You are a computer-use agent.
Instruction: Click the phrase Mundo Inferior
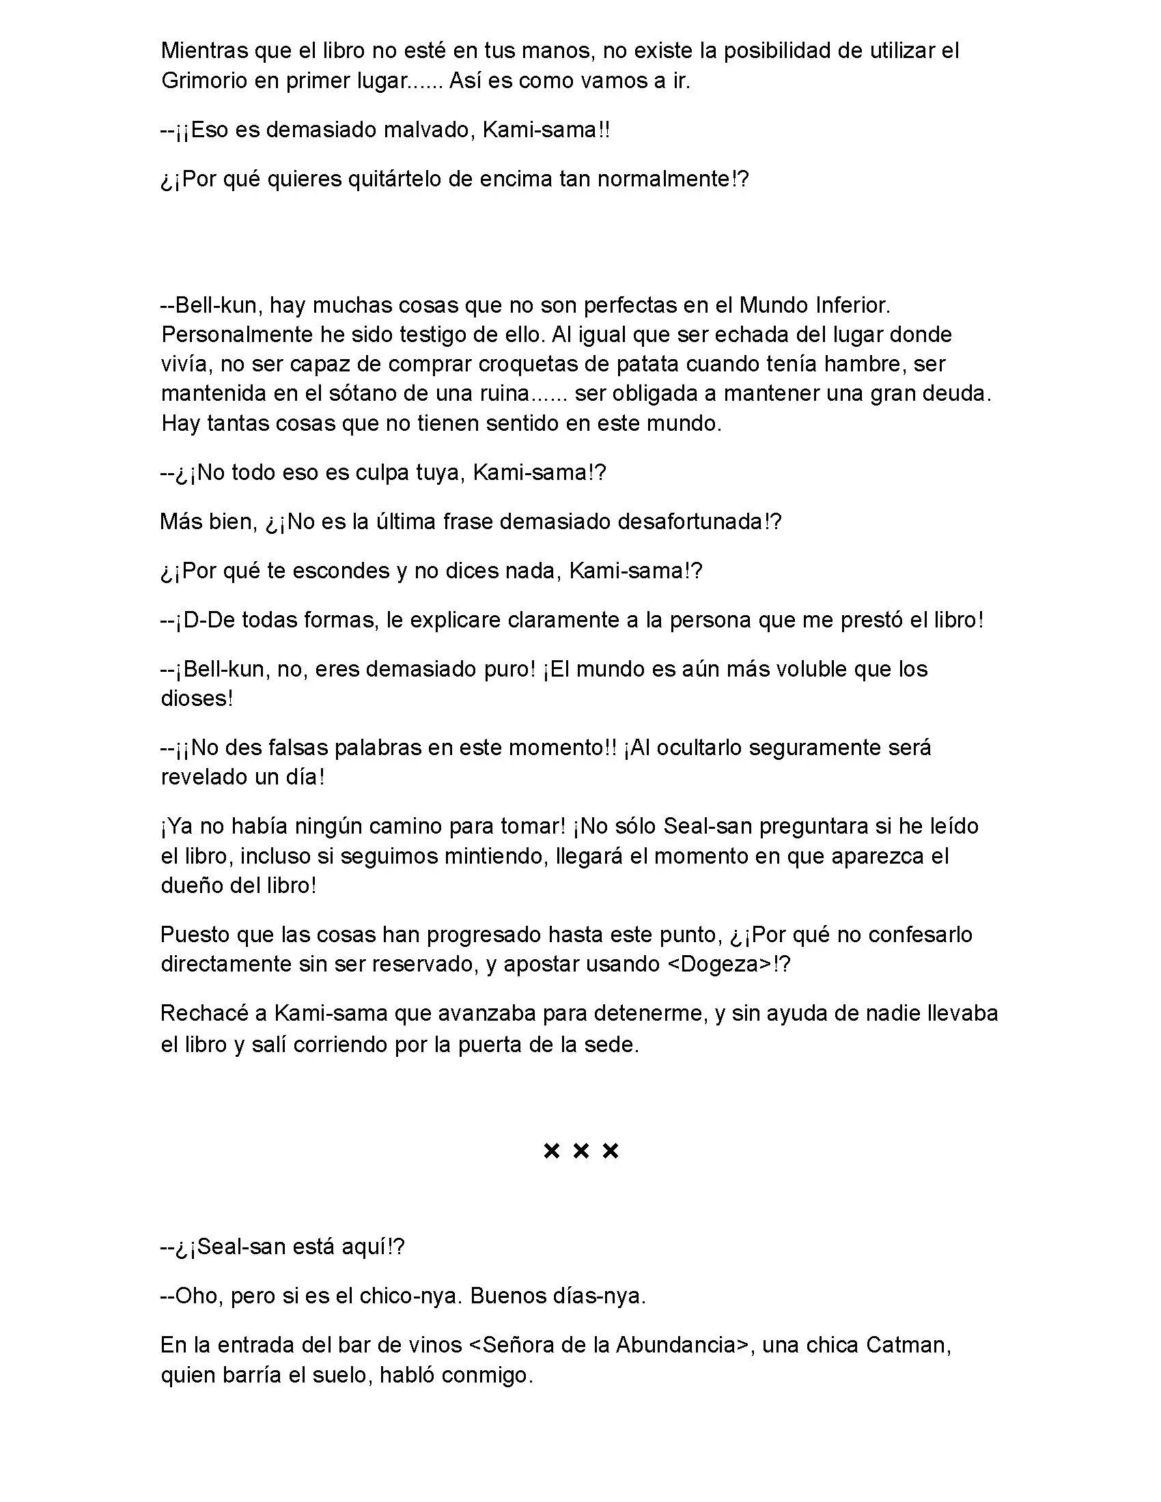[x=814, y=304]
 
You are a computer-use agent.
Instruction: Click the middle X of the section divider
[x=580, y=1150]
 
